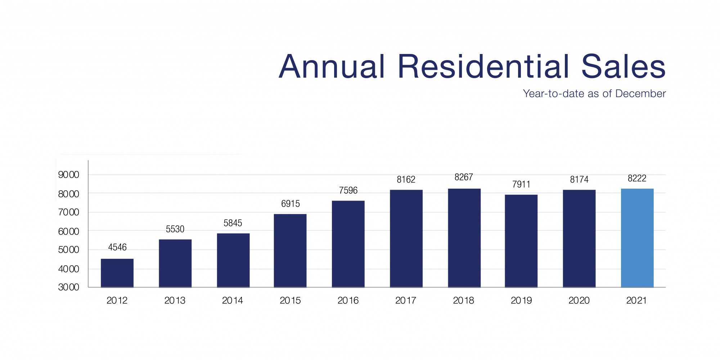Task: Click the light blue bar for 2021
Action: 637,238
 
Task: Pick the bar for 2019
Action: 521,241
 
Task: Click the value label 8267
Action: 464,177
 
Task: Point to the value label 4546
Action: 117,247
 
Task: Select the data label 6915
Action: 291,204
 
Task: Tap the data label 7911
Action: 521,184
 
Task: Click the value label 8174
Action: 579,179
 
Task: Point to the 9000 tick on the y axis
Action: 68,175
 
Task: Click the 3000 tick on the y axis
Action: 68,287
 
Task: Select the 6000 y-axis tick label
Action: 68,231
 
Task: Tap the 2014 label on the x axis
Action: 233,300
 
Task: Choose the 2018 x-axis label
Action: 463,300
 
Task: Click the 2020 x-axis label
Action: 579,300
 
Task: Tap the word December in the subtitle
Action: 640,94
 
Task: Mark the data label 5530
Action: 175,229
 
